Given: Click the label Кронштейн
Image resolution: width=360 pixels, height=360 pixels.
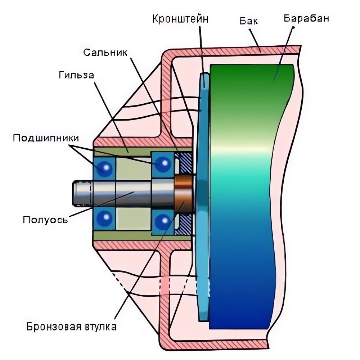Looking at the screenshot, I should coord(180,19).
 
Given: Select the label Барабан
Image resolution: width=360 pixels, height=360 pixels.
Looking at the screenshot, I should coord(306,19).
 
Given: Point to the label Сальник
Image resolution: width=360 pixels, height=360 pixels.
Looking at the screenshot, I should coord(105,52).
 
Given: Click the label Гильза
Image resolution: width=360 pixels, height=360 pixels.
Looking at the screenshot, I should coord(76,75).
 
